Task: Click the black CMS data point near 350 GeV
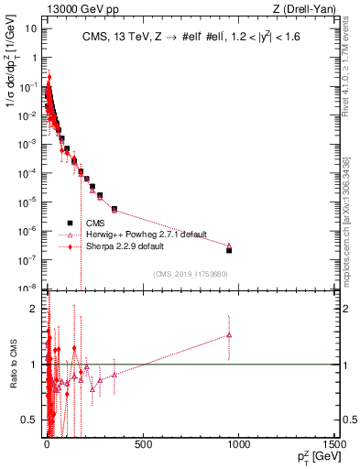(x=114, y=209)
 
